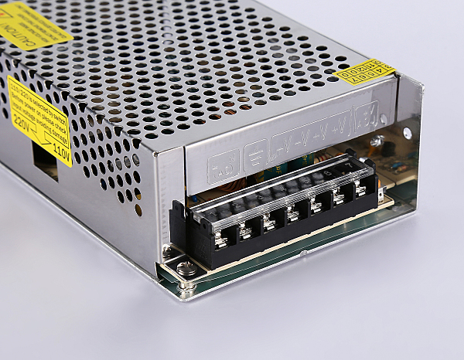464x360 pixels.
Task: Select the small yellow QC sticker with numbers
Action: [366, 71]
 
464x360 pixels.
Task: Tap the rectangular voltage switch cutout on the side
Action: [44, 161]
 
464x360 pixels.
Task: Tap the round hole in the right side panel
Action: [407, 134]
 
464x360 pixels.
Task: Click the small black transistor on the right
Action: [387, 149]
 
